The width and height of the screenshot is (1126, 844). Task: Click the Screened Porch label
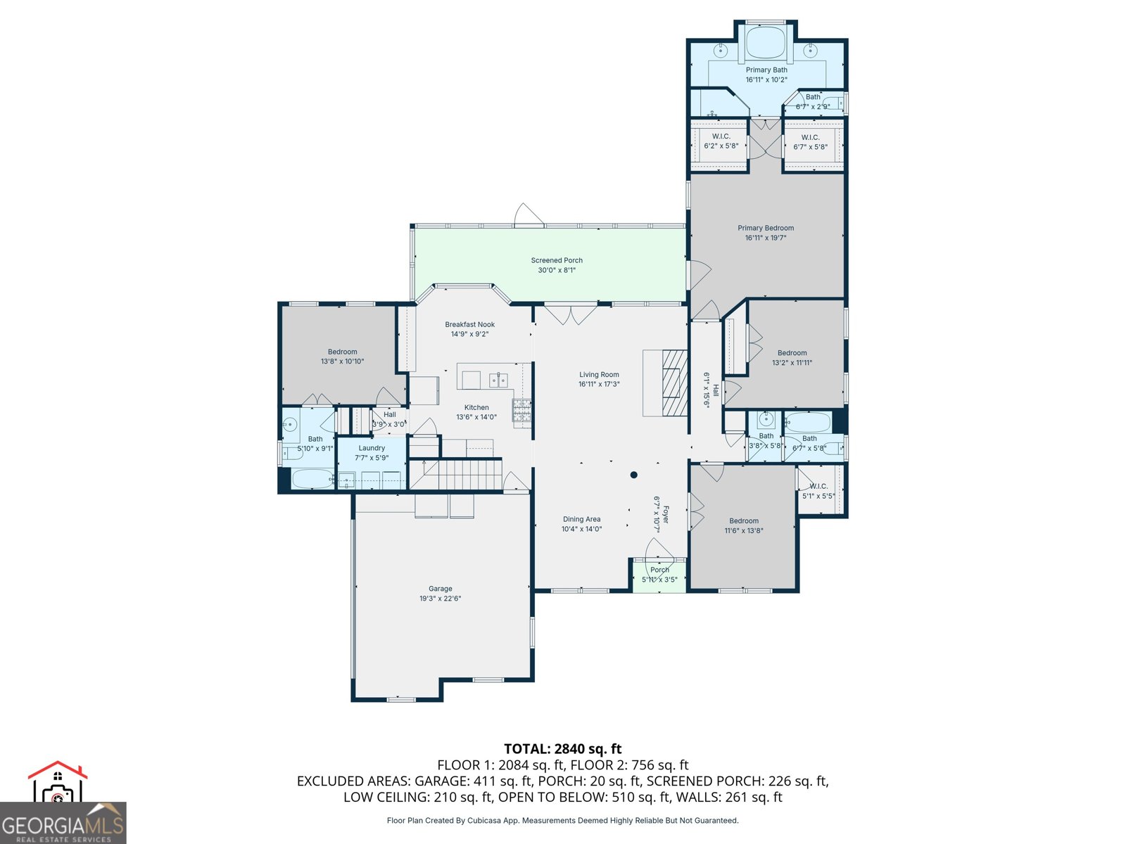557,260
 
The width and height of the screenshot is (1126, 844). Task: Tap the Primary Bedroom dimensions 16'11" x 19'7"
766,238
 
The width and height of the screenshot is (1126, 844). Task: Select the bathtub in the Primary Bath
766,42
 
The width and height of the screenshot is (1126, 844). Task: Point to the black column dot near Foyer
633,475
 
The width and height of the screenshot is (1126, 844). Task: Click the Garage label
441,589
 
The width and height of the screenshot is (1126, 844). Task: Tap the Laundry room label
372,448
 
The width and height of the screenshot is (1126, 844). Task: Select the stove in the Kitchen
522,412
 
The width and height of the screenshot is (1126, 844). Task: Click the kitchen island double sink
498,381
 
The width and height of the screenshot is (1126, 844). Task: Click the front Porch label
659,570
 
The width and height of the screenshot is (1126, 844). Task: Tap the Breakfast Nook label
469,324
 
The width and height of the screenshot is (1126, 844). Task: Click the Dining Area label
581,519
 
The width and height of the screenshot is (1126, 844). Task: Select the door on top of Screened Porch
528,215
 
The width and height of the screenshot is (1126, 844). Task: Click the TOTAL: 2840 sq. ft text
562,748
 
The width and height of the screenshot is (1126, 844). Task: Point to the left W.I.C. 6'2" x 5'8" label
721,136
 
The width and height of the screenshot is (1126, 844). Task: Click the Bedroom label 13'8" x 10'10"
342,352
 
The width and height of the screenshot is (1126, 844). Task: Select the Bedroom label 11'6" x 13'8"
744,521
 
